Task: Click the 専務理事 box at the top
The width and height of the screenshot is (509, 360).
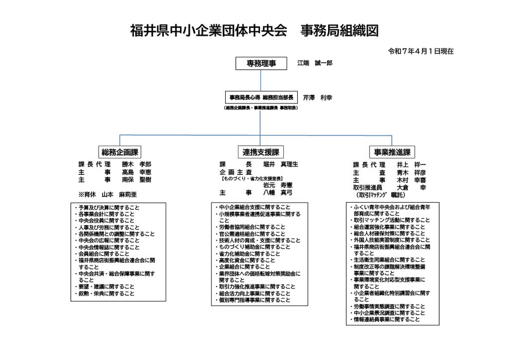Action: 261,63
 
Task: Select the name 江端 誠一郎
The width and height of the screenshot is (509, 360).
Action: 315,63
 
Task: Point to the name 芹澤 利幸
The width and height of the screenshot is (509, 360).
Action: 317,97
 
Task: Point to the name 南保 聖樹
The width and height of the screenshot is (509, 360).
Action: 136,180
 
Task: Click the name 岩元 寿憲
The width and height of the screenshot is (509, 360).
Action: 278,185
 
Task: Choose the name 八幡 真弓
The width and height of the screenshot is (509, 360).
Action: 278,192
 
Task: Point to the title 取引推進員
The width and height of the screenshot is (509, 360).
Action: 367,188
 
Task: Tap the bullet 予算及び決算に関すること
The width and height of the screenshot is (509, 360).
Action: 108,208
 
